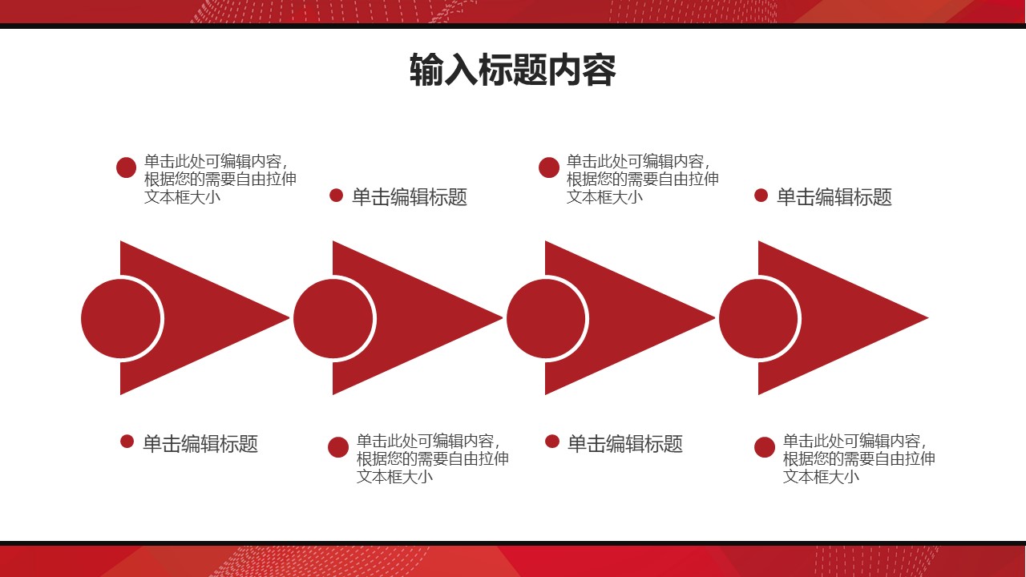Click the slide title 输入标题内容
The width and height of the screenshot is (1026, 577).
click(512, 71)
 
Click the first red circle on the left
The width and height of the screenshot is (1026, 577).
click(121, 318)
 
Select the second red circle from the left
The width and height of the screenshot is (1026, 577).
click(333, 318)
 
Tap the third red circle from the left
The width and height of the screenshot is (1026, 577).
click(547, 318)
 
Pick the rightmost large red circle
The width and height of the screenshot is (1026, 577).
click(759, 318)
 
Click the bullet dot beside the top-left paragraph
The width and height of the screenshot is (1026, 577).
click(126, 167)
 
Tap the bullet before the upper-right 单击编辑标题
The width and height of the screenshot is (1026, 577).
click(761, 196)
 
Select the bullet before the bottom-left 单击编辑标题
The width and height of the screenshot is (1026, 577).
click(127, 442)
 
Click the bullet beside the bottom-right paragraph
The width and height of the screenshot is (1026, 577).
click(765, 447)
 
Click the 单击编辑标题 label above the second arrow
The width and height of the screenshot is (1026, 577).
click(409, 197)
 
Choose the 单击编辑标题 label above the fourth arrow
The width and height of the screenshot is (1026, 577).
click(834, 197)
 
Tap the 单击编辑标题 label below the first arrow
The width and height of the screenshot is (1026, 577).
click(200, 444)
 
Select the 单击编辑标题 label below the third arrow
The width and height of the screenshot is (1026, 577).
click(624, 444)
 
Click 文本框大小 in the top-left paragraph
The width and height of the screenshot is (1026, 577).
click(182, 197)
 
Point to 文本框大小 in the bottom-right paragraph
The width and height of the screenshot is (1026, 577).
click(821, 476)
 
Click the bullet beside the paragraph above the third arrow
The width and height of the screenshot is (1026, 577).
click(549, 167)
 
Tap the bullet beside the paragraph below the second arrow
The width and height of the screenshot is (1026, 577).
click(338, 447)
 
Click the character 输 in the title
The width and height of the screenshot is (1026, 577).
click(425, 71)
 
